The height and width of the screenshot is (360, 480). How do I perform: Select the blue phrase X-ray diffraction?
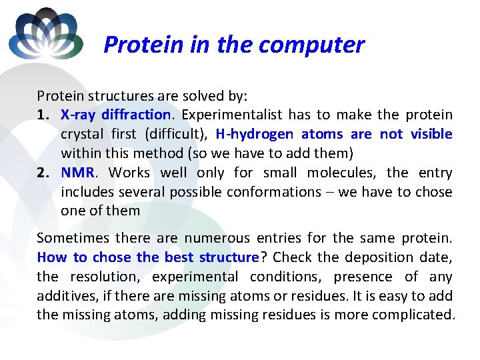[x=116, y=115]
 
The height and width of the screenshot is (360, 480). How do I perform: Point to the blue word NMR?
[x=78, y=173]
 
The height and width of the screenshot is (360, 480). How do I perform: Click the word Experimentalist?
[x=231, y=115]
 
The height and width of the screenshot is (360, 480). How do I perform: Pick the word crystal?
[x=81, y=134]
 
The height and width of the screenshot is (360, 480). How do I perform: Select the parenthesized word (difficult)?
[x=176, y=134]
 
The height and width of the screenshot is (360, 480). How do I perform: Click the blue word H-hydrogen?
[x=254, y=134]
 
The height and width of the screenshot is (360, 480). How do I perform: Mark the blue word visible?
[x=431, y=134]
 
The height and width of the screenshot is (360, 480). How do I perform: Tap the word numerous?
[x=213, y=238]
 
